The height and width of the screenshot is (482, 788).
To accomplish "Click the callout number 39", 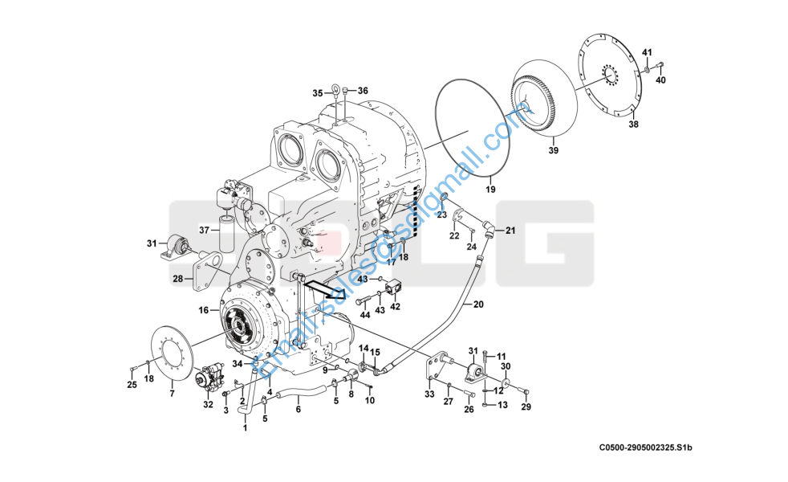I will (553, 150).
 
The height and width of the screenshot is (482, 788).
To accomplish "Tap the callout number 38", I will (633, 125).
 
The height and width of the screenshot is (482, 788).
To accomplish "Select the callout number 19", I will (490, 190).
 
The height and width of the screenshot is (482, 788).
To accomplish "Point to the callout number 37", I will (204, 230).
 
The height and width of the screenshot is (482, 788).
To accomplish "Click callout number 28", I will (177, 280).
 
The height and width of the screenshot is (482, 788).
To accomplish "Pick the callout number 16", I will (203, 309).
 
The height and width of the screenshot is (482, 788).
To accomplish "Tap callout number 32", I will (208, 405).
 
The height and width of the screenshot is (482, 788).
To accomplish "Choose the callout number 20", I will (478, 304).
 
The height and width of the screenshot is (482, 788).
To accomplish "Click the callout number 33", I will (429, 394).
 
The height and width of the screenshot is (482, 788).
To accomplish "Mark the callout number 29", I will (526, 408).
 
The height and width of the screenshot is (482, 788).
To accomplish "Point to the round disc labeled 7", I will (171, 353).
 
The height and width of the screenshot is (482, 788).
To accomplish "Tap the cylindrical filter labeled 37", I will (225, 233).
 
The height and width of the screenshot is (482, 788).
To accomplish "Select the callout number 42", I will (395, 306).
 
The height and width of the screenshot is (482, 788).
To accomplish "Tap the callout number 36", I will (362, 91).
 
